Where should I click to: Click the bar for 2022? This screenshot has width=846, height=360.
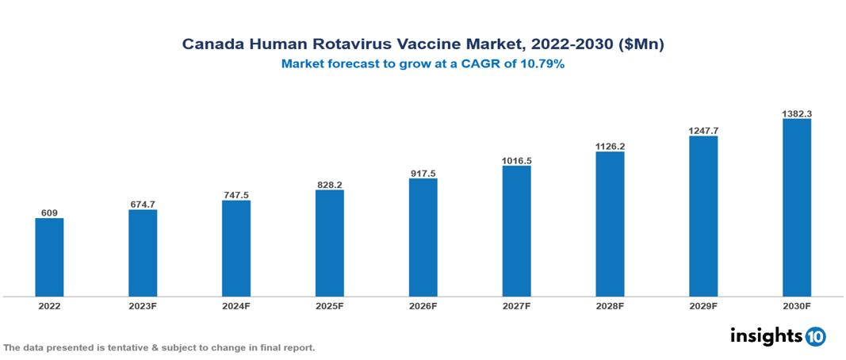tap(49, 257)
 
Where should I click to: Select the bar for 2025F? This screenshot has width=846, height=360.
tap(329, 243)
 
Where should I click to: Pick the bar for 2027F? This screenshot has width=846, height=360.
tap(516, 231)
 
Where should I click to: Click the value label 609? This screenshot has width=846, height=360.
tap(49, 213)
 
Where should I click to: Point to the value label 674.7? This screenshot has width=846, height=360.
tap(143, 205)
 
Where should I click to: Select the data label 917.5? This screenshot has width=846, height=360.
tap(423, 173)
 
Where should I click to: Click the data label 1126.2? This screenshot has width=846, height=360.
tap(610, 146)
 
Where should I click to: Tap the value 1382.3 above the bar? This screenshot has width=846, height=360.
tap(796, 113)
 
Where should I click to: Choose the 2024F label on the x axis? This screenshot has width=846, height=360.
tap(235, 305)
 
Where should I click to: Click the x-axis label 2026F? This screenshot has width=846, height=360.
tap(423, 305)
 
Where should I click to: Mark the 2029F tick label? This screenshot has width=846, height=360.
tap(703, 305)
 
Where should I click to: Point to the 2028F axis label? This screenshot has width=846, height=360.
tap(610, 305)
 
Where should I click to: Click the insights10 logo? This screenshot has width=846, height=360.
tap(777, 335)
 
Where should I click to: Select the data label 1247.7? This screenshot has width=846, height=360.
tap(703, 130)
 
